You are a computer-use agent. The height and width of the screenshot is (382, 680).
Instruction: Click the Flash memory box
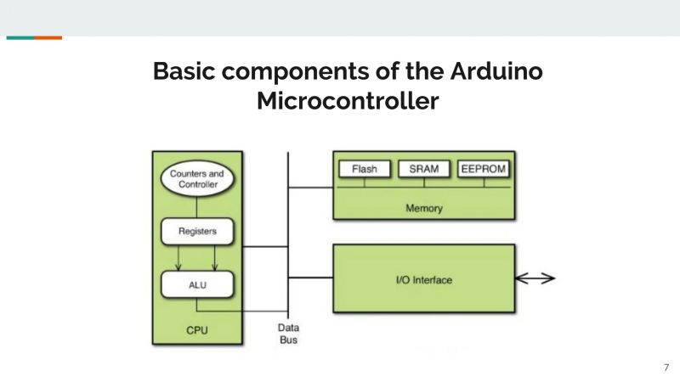365,169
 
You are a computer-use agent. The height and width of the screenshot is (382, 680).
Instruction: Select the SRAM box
423,169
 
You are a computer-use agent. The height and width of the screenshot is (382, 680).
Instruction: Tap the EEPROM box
483,169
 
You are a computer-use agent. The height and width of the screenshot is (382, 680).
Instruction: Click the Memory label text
423,208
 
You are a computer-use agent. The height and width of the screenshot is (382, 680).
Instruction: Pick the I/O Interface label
423,279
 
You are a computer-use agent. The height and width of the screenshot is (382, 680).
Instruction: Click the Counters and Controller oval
196,179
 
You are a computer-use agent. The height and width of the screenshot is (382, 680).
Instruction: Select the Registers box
196,231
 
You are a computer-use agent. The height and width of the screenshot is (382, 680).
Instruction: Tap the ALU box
196,284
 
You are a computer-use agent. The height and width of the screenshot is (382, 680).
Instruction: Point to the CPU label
196,330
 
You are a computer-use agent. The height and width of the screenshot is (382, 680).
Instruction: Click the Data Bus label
288,334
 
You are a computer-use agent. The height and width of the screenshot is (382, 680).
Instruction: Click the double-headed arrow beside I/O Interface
535,278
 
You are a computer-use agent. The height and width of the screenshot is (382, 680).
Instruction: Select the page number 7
666,368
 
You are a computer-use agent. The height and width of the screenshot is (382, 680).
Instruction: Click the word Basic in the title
186,70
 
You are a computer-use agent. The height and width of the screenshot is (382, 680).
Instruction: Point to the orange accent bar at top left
48,37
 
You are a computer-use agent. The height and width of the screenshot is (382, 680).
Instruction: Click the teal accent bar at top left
20,37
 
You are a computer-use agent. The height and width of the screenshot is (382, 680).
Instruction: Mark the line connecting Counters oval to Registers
196,206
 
